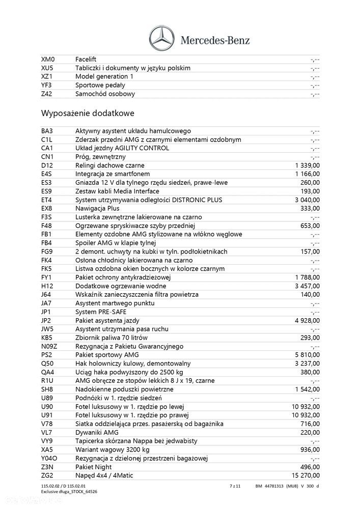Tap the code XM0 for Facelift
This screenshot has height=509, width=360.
47,59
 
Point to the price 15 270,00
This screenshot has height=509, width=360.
304,475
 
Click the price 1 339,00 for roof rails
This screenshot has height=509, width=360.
307,165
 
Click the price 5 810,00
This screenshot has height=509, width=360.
307,354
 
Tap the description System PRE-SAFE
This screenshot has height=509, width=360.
101,312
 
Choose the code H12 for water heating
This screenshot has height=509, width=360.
47,286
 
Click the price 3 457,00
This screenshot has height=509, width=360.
307,286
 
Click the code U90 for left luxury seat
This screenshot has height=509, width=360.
47,406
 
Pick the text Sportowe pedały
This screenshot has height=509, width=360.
100,85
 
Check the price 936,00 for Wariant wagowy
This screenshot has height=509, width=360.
310,449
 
